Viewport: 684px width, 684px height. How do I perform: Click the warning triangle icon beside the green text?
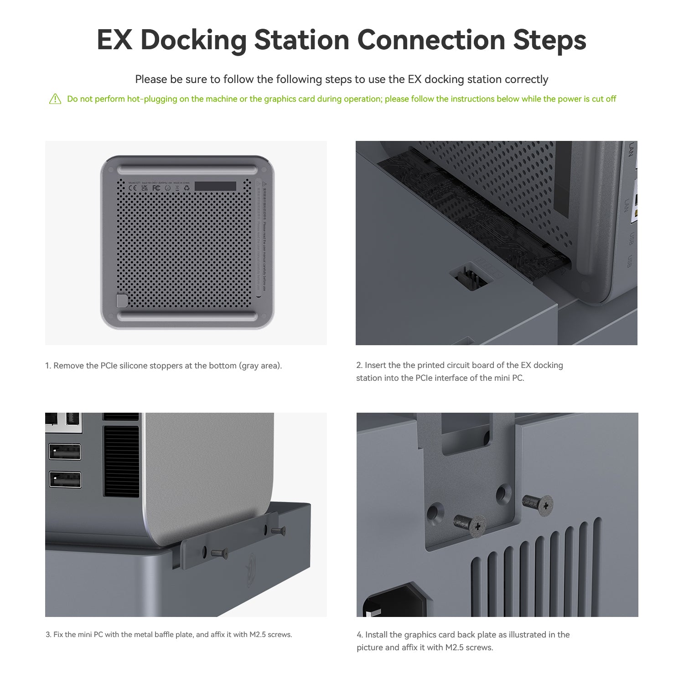point(55,99)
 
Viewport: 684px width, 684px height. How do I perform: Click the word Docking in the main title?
point(193,40)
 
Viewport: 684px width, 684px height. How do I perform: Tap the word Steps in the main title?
point(549,40)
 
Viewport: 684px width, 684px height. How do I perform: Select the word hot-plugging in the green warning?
point(152,99)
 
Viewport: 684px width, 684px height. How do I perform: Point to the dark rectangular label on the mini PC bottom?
point(215,186)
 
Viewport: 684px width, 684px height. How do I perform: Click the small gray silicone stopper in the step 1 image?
point(122,301)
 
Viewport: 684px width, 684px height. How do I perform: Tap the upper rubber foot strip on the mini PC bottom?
point(187,170)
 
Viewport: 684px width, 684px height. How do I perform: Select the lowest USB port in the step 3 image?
point(65,480)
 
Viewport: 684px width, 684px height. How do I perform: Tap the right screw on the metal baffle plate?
point(278,530)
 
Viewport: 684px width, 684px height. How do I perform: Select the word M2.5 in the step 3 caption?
point(258,635)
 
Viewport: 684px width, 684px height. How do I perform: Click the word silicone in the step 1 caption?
point(138,366)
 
